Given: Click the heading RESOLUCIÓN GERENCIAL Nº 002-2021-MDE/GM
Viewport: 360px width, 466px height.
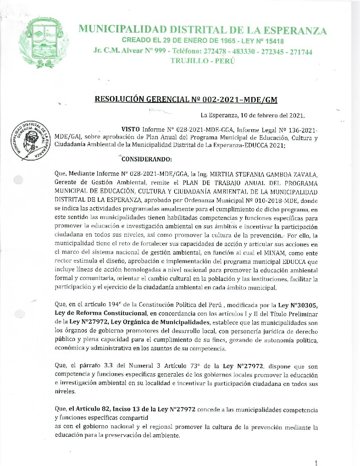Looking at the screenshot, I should [x=186, y=100].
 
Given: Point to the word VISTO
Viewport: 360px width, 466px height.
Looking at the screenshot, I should [x=131, y=129].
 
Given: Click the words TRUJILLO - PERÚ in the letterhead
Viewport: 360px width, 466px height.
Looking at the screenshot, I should [x=203, y=61].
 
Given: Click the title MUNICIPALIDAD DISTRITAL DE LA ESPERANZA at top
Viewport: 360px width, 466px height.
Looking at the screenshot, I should [x=202, y=31].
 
